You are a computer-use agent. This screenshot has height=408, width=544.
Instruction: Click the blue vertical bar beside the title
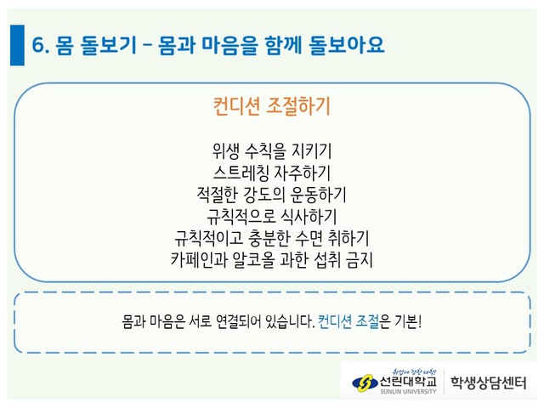pyautogui.click(x=17, y=45)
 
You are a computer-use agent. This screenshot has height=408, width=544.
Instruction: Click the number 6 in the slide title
pyautogui.click(x=37, y=45)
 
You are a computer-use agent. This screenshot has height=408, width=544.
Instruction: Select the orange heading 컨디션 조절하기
pyautogui.click(x=271, y=105)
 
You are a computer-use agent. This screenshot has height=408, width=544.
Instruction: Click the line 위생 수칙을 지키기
pyautogui.click(x=272, y=150)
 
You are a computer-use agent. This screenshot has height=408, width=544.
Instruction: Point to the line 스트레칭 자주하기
pyautogui.click(x=272, y=173)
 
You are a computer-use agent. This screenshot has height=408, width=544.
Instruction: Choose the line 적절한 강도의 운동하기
pyautogui.click(x=272, y=195)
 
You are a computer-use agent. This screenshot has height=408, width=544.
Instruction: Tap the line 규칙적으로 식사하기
pyautogui.click(x=272, y=216)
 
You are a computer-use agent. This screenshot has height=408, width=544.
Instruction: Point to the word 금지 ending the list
pyautogui.click(x=360, y=259)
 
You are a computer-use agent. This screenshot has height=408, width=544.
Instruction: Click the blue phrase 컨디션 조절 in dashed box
pyautogui.click(x=348, y=321)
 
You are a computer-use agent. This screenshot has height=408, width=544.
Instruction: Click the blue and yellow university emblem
pyautogui.click(x=365, y=383)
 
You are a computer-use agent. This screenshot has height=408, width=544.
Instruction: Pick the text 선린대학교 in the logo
pyautogui.click(x=408, y=382)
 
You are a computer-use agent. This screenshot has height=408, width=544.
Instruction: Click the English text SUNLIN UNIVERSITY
pyautogui.click(x=408, y=391)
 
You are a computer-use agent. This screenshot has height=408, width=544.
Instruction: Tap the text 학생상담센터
pyautogui.click(x=488, y=382)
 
